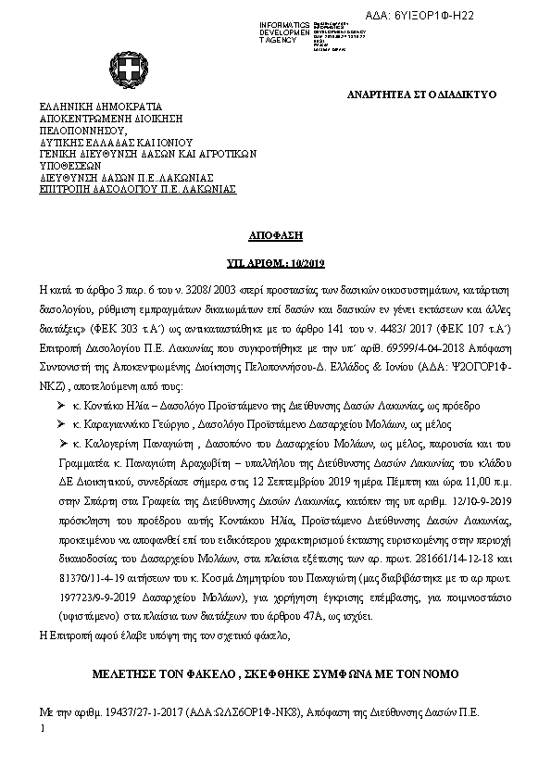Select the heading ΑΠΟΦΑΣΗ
(275, 236)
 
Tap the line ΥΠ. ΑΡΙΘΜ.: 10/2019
(275, 264)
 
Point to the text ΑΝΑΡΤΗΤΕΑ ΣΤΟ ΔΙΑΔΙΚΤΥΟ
(422, 94)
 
